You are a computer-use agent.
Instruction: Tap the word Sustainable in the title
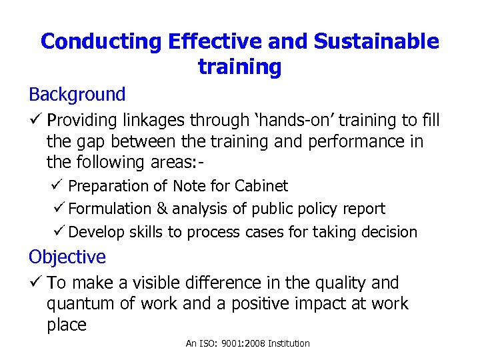(377, 42)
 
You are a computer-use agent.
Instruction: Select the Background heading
(77, 95)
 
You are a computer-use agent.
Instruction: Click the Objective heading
(67, 257)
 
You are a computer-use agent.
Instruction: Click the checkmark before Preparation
(58, 185)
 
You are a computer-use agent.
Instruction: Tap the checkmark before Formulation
(58, 209)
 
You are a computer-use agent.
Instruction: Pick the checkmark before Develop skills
(58, 232)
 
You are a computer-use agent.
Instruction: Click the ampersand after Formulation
(162, 209)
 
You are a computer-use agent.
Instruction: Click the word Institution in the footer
(289, 343)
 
